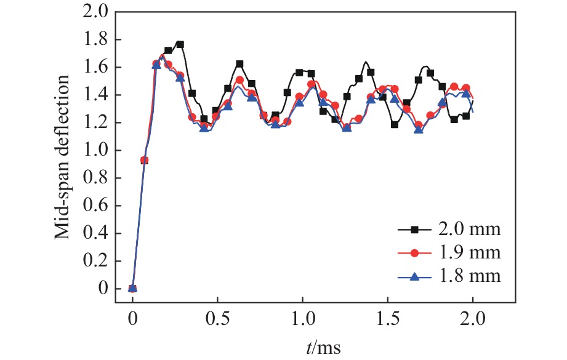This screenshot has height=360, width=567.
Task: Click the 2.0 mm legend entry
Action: (472, 230)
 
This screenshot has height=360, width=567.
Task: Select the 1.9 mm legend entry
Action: (472, 253)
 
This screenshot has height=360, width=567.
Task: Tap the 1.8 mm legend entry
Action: (472, 276)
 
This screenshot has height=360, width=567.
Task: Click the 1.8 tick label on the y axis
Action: (95, 39)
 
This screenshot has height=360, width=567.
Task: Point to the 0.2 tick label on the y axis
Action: (95, 261)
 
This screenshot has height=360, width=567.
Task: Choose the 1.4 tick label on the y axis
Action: (95, 95)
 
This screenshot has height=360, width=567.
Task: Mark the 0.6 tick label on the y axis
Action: (95, 206)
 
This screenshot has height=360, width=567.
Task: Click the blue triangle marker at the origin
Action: (132, 288)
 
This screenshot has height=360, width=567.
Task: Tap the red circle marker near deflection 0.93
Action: (145, 160)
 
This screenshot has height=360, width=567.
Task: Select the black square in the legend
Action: (415, 230)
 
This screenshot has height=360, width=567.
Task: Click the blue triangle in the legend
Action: (415, 276)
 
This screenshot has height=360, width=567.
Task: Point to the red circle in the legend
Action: (415, 253)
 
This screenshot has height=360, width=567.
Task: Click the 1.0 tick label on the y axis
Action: (95, 150)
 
